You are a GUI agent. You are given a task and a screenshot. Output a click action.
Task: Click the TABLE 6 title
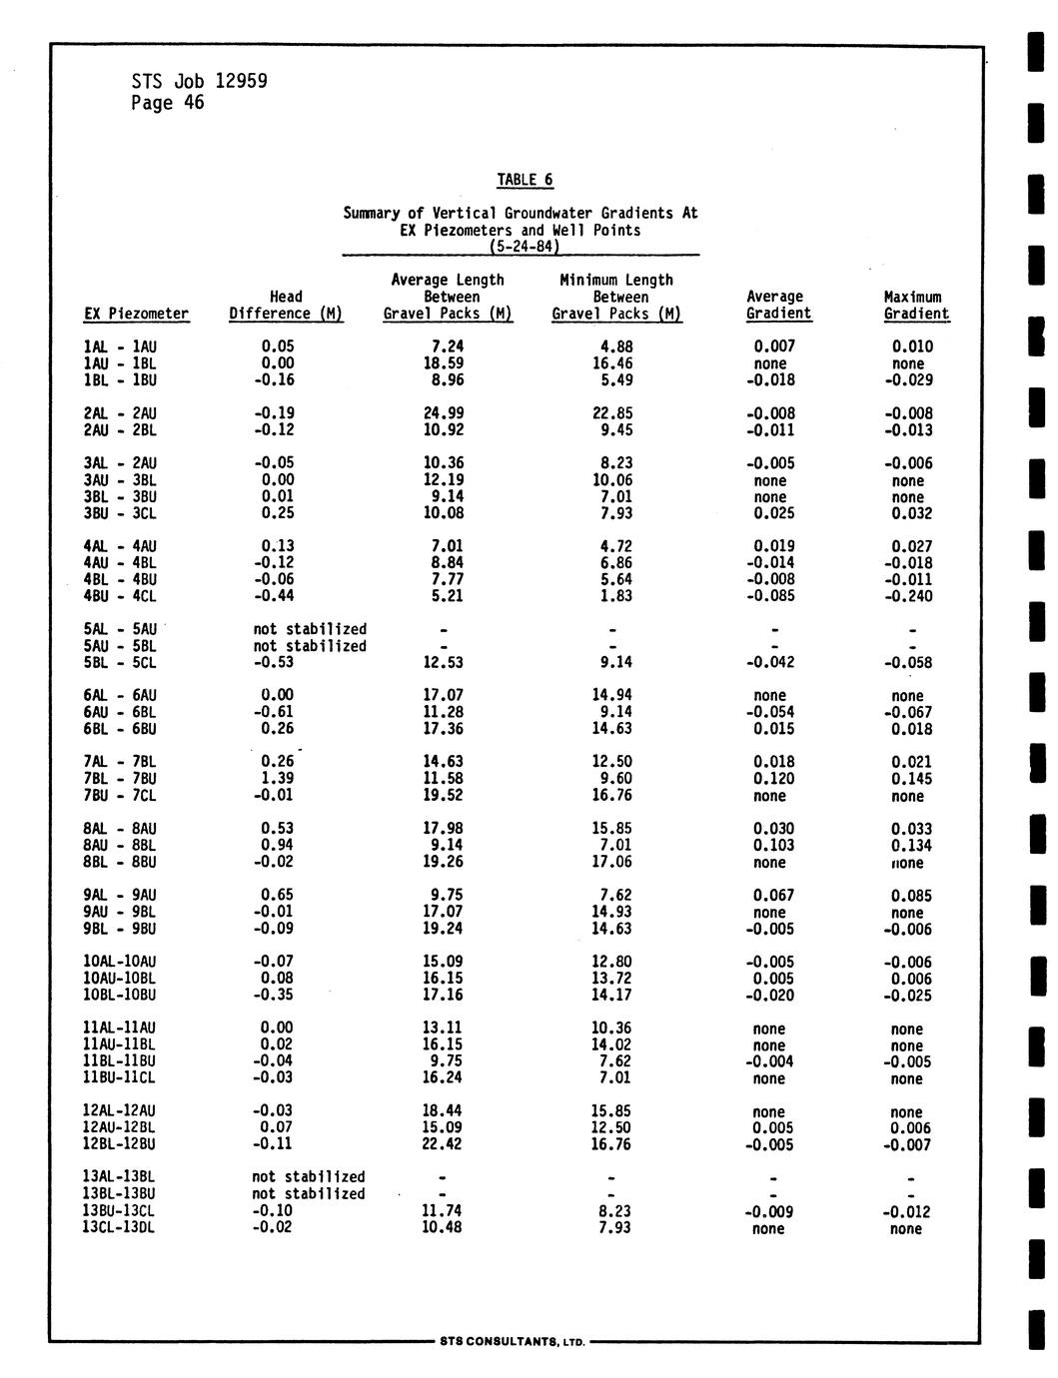(x=525, y=180)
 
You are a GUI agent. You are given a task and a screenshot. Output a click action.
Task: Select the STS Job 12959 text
(x=199, y=81)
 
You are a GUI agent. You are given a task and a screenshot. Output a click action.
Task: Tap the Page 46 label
(x=167, y=103)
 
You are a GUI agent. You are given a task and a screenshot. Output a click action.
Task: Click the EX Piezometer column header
(x=136, y=314)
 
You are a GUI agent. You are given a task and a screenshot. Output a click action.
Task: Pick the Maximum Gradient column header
(x=914, y=306)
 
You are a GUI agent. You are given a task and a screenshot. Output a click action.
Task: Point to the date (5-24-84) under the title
(x=523, y=246)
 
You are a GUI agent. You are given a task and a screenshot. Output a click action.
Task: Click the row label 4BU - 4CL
(x=120, y=596)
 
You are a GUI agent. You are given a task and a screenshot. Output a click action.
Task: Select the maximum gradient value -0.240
(x=907, y=596)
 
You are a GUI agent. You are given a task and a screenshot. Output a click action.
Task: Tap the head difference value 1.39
(x=277, y=778)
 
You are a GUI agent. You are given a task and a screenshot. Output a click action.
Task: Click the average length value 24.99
(x=443, y=413)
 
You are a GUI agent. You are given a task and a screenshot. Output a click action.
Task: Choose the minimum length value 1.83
(x=614, y=596)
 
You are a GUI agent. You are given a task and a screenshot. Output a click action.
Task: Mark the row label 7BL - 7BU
(x=120, y=778)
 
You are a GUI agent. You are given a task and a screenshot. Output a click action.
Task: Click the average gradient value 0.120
(x=773, y=778)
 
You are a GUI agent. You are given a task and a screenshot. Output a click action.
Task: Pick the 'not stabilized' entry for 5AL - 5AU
(x=309, y=629)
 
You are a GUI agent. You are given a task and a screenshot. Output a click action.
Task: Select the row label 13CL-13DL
(x=119, y=1227)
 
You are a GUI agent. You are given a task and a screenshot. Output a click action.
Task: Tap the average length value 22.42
(x=443, y=1144)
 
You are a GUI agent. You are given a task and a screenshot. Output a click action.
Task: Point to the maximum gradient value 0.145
(x=911, y=778)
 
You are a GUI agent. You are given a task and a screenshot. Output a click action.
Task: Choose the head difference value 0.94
(x=277, y=845)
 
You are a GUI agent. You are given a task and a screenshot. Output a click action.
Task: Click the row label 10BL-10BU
(x=119, y=995)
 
